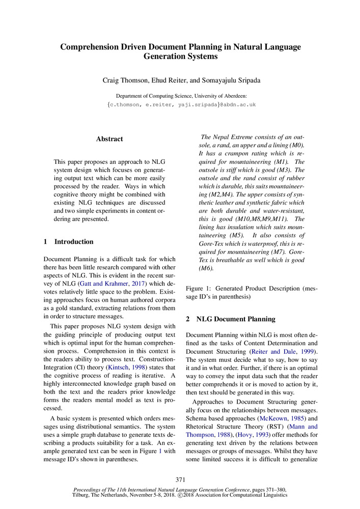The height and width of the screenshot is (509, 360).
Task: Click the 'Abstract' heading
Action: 109,138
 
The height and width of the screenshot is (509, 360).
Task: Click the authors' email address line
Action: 181,104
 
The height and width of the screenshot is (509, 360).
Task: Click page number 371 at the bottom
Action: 180,479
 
